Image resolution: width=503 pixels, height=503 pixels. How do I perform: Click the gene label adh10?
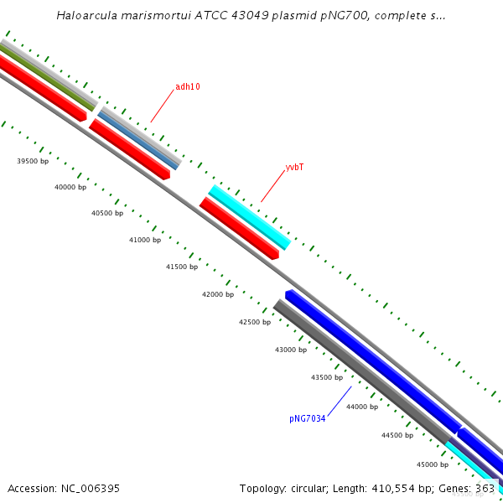pyautogui.click(x=188, y=87)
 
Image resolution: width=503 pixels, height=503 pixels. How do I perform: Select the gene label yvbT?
pyautogui.click(x=294, y=168)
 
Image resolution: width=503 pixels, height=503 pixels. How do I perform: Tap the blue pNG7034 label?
pyautogui.click(x=307, y=418)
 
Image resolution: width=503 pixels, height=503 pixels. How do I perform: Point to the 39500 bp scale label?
pyautogui.click(x=34, y=161)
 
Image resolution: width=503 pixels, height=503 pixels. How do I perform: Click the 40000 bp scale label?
pyautogui.click(x=70, y=188)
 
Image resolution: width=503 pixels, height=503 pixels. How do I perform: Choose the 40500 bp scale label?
pyautogui.click(x=107, y=214)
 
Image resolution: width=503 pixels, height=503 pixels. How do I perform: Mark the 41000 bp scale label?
pyautogui.click(x=145, y=241)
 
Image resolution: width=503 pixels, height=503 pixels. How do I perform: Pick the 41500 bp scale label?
pyautogui.click(x=182, y=267)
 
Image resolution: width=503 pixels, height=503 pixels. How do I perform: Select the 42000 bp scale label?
pyautogui.click(x=218, y=295)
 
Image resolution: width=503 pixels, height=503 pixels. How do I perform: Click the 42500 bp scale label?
pyautogui.click(x=255, y=323)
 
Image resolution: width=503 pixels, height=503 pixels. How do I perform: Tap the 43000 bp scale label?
pyautogui.click(x=291, y=350)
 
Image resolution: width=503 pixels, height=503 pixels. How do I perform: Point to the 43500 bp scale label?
pyautogui.click(x=327, y=378)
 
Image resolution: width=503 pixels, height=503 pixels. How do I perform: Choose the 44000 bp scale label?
pyautogui.click(x=362, y=407)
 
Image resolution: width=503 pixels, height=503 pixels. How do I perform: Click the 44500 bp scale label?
pyautogui.click(x=397, y=436)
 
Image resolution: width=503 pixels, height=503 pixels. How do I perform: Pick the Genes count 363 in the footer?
pyautogui.click(x=485, y=488)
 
